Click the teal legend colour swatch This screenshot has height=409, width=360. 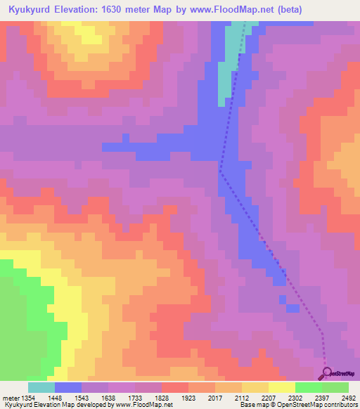pyautogui.click(x=41, y=387)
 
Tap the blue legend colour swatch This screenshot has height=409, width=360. pyautogui.click(x=68, y=387)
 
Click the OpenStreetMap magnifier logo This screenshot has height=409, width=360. pyautogui.click(x=328, y=373)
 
